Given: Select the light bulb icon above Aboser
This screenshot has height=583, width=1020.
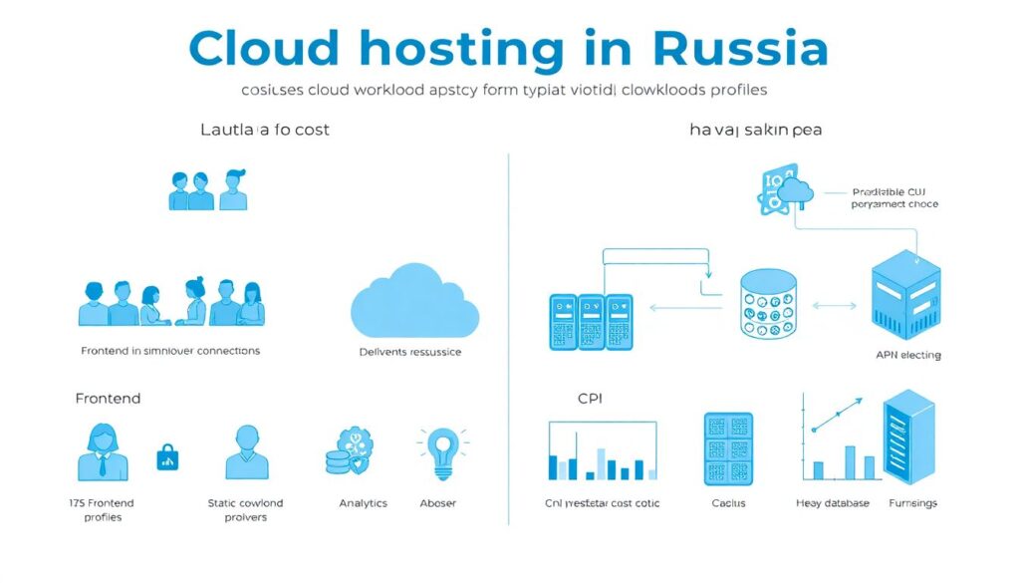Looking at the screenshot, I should pyautogui.click(x=438, y=453).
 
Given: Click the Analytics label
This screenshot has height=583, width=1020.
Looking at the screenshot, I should pyautogui.click(x=363, y=503).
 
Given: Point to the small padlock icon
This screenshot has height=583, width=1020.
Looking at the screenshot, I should pyautogui.click(x=167, y=457).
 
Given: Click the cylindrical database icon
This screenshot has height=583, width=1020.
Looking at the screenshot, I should pyautogui.click(x=769, y=303).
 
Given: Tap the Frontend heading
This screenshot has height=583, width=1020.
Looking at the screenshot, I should pyautogui.click(x=108, y=399).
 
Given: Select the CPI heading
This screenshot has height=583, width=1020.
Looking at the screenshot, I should pyautogui.click(x=590, y=399).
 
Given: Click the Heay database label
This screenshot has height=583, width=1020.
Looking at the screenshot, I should pyautogui.click(x=833, y=503).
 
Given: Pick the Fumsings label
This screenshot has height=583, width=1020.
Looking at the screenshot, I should pyautogui.click(x=912, y=503).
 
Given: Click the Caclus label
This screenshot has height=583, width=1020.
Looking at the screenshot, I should pyautogui.click(x=728, y=503).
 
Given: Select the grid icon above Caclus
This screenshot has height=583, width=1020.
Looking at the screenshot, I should pyautogui.click(x=728, y=449).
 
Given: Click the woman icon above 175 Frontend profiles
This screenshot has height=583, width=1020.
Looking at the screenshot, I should pyautogui.click(x=103, y=452).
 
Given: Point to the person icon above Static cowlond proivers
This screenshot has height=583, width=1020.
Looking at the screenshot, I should pyautogui.click(x=246, y=452).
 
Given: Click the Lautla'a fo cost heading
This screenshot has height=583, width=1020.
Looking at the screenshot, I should pyautogui.click(x=265, y=130).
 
